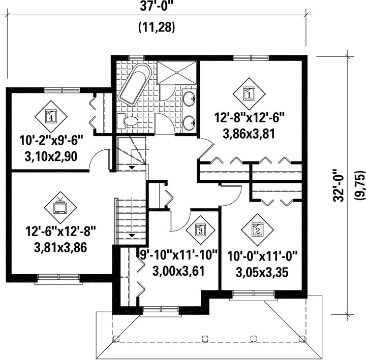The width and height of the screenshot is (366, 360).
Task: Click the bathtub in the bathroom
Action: (135, 84)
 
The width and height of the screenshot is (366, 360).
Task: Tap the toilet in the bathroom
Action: (128, 121)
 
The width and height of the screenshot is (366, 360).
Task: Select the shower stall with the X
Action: (176, 73)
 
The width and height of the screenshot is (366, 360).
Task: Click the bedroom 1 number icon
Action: (249, 94)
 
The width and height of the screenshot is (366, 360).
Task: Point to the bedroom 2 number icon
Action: (257, 230)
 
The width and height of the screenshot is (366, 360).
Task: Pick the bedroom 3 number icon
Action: (200, 230)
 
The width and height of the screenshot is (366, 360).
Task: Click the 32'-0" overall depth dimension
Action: (339, 185)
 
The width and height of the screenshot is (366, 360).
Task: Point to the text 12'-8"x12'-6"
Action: (249, 117)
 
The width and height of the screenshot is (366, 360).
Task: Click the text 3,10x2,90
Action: (51, 157)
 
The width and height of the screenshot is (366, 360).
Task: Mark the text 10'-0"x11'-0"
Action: (262, 256)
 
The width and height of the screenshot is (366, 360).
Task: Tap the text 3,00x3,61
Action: (178, 271)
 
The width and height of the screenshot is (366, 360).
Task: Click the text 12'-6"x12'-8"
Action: (60, 232)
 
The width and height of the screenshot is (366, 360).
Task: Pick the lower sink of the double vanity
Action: (189, 123)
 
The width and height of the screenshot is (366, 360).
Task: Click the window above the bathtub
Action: (137, 57)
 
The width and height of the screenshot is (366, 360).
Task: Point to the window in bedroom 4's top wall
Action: (62, 90)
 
